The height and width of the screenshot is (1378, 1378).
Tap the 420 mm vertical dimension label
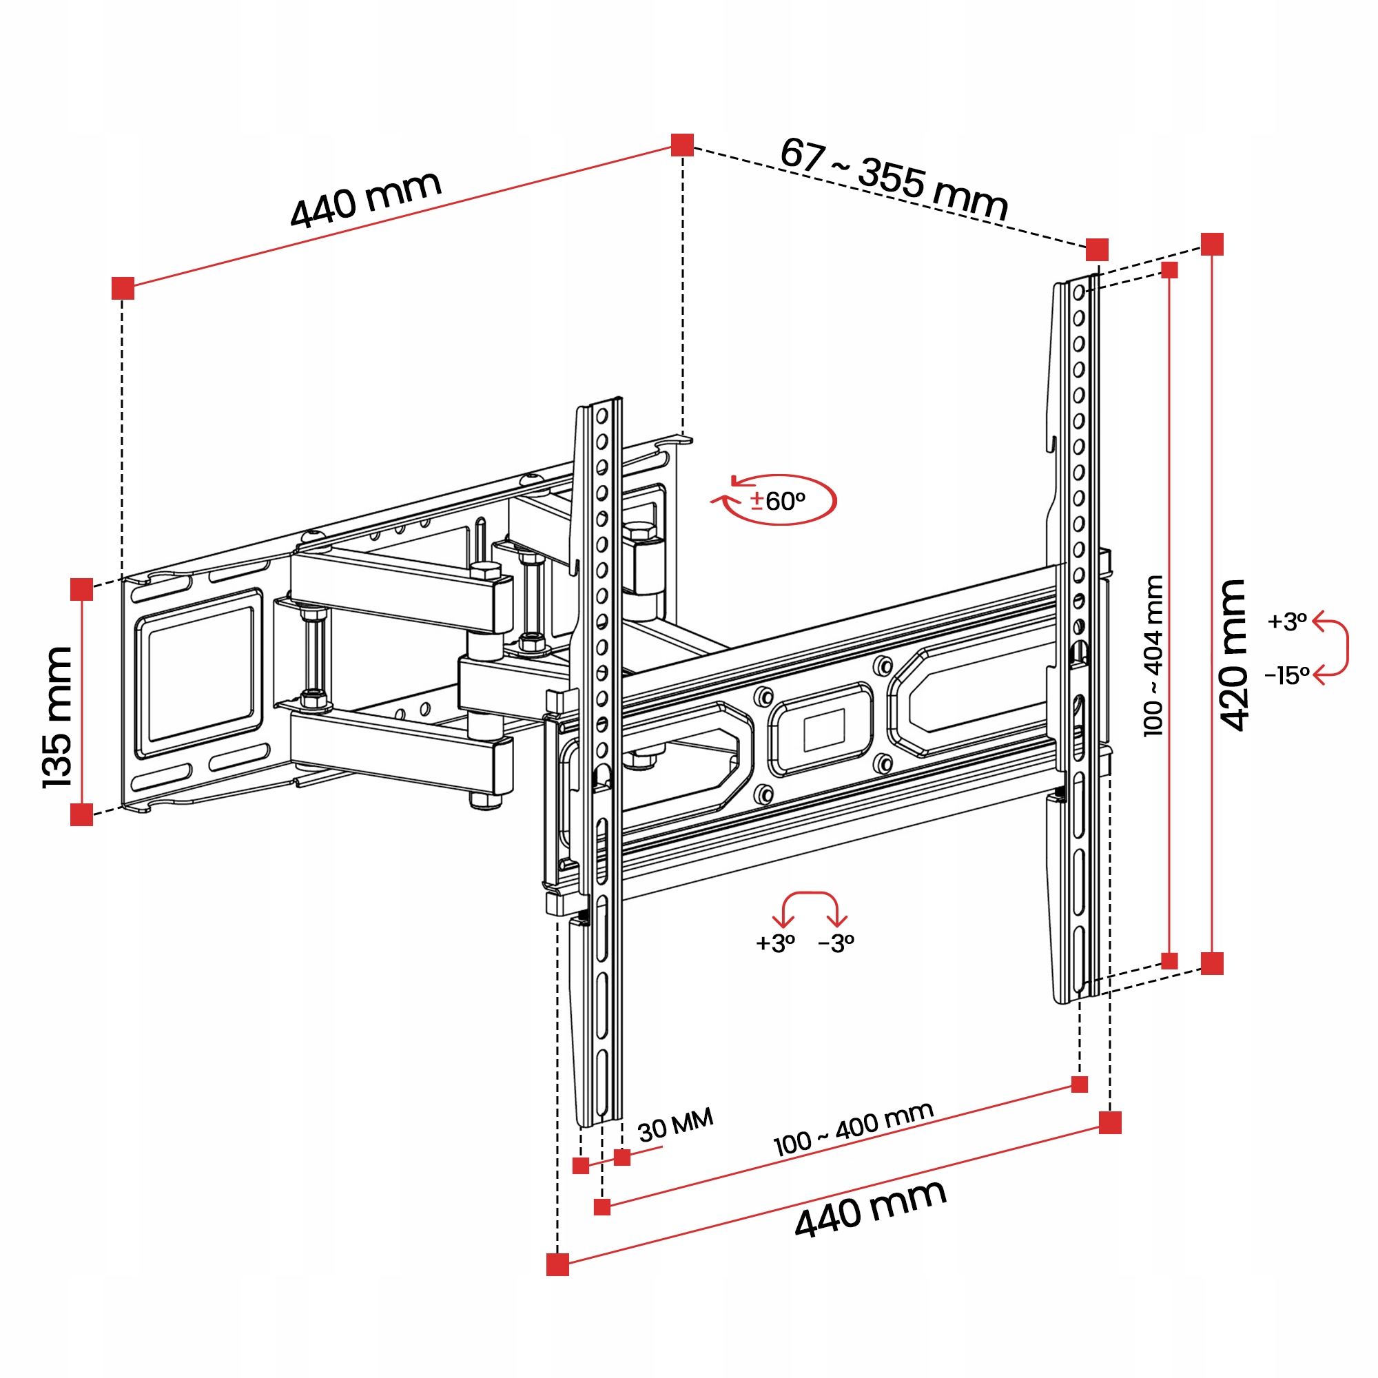(1233, 655)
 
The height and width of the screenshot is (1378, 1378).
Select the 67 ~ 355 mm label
(894, 178)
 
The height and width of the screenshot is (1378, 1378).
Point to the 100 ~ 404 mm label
(1153, 655)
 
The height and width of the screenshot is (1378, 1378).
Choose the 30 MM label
(675, 1125)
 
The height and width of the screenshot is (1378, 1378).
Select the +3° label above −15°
(1286, 621)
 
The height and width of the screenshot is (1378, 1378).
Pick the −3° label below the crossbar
(836, 944)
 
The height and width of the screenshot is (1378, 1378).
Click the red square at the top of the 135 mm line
(82, 590)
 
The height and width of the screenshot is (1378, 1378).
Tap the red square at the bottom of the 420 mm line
(1212, 964)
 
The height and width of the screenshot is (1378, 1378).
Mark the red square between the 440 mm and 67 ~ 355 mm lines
(682, 145)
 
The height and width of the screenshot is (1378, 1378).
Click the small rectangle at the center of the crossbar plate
(824, 730)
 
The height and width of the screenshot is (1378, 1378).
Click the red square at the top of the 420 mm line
(1212, 244)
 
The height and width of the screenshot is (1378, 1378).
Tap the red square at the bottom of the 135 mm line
(82, 814)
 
